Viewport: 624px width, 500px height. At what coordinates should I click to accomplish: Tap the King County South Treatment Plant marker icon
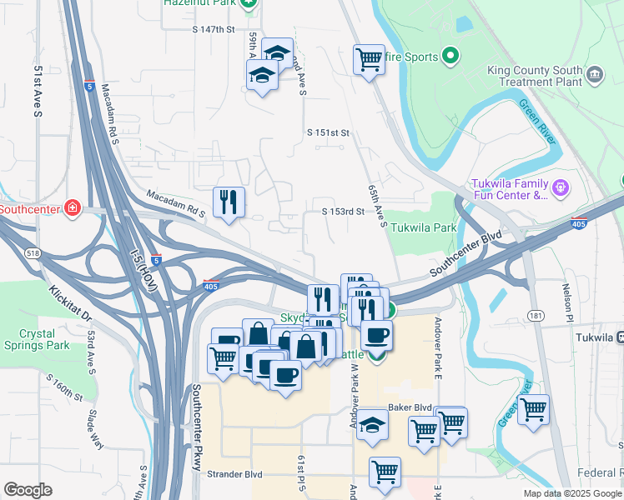click(595, 75)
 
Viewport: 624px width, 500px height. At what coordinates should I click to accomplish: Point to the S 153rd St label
click(344, 212)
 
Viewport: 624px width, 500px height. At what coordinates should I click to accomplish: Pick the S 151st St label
click(327, 132)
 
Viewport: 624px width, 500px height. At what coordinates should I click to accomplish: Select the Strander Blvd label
click(234, 474)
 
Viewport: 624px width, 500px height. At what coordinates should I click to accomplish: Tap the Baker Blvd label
click(410, 407)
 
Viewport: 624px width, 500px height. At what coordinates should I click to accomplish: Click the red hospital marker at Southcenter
click(73, 207)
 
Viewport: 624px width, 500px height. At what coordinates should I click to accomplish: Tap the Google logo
click(28, 489)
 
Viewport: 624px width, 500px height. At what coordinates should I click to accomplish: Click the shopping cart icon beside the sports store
click(369, 59)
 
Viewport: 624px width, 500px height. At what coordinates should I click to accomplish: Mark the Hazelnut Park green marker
click(248, 3)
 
